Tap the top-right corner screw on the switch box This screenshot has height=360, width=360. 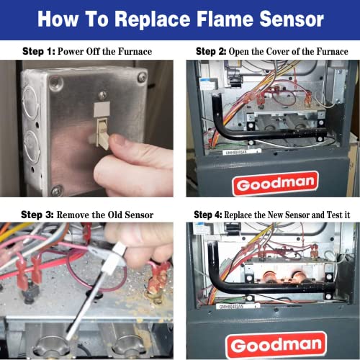(x=143, y=76)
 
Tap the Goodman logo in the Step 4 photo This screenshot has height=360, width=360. (x=266, y=344)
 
